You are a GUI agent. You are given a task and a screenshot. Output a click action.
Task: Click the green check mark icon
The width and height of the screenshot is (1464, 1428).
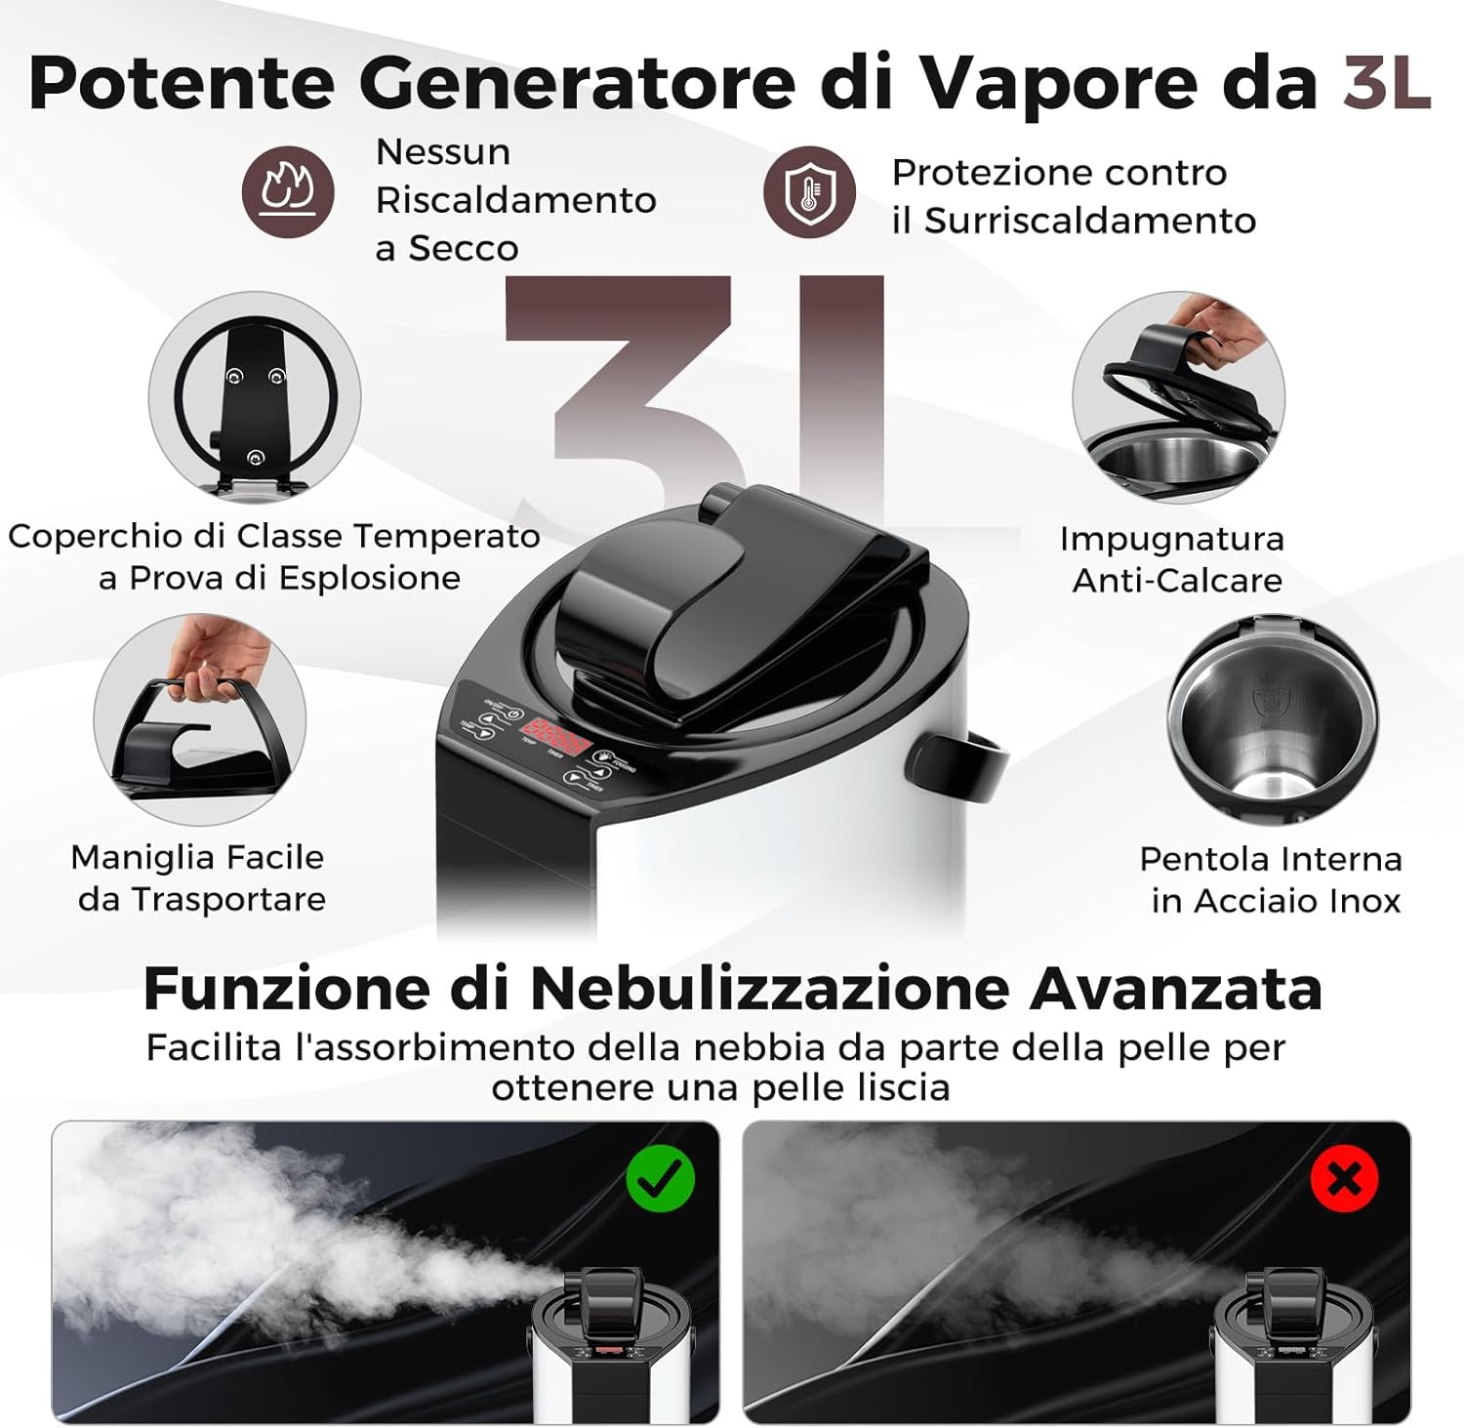[x=660, y=1178]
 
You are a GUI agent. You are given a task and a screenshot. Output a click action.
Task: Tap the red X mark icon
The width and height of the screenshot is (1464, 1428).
[x=1344, y=1179]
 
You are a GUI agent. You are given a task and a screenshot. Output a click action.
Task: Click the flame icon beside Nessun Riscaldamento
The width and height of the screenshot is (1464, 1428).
[x=288, y=192]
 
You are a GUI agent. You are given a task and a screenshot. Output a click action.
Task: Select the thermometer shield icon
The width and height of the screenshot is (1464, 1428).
[x=809, y=192]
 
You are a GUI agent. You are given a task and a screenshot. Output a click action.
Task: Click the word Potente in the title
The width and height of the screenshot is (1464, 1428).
[x=182, y=83]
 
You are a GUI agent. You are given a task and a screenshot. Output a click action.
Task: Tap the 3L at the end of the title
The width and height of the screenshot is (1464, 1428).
[x=1386, y=83]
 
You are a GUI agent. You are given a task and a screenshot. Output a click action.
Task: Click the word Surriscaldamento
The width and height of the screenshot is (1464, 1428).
[x=1089, y=221]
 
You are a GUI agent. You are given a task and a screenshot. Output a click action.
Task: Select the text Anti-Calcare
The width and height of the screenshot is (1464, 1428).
[x=1177, y=580]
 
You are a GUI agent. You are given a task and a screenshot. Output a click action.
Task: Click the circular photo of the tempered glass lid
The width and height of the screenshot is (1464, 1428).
[x=255, y=397]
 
